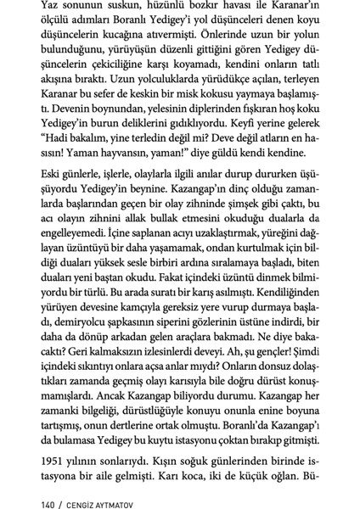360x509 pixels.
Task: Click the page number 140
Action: [x=36, y=490]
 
